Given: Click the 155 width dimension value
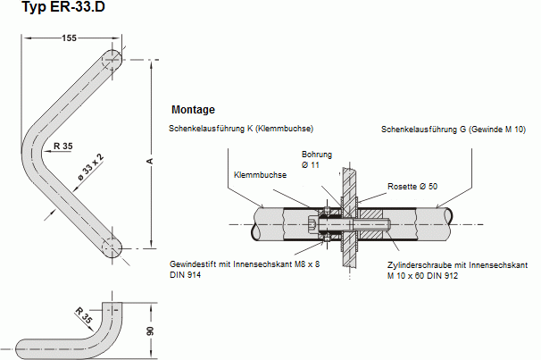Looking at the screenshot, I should tap(71, 38).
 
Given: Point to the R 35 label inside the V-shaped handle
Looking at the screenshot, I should tap(62, 146).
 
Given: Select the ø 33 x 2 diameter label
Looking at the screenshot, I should tap(90, 167).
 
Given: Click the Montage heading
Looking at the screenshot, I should tap(192, 110).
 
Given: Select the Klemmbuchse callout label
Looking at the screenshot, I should tap(260, 175).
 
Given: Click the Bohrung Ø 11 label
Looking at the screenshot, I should tap(316, 159).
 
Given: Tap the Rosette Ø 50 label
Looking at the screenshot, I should tap(412, 186).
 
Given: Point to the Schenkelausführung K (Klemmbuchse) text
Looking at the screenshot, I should tap(241, 129).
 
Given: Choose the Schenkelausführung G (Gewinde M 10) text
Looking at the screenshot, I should tap(454, 130).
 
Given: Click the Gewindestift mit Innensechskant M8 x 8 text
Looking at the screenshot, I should tap(244, 264).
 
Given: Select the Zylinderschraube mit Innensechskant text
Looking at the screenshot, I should tap(458, 265).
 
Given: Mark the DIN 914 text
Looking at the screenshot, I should tap(185, 275).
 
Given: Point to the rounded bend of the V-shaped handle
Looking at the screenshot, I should tap(36, 147).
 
